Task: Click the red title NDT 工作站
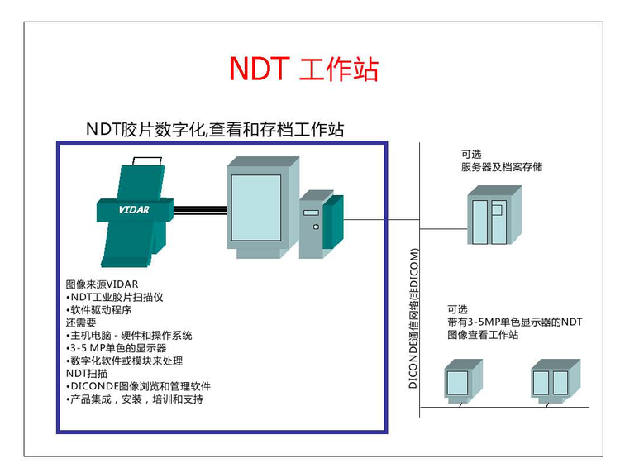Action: click(x=303, y=69)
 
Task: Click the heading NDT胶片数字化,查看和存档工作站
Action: click(x=214, y=129)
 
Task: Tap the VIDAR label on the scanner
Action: click(x=133, y=209)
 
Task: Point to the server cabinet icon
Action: click(x=494, y=215)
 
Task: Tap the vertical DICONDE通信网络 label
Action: click(x=414, y=318)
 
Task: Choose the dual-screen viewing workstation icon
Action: click(x=550, y=381)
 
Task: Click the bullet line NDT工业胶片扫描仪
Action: click(x=115, y=297)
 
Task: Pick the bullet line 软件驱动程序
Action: click(x=98, y=310)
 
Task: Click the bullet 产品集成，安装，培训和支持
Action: click(x=134, y=399)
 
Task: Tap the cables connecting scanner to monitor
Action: click(x=199, y=210)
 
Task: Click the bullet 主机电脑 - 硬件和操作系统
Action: click(x=130, y=336)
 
